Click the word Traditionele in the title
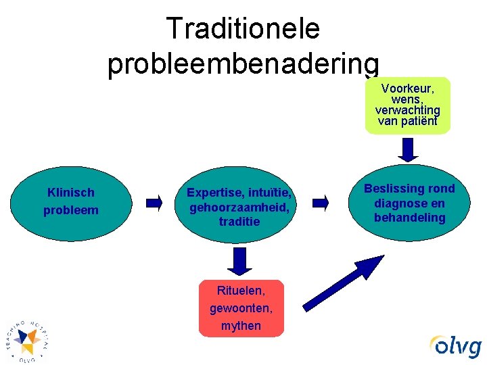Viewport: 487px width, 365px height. coord(243,28)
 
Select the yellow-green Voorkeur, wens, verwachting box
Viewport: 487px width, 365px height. coord(408,105)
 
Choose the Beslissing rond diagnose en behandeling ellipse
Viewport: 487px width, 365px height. coord(409,203)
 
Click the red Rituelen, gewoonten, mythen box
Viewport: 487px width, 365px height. coord(241,308)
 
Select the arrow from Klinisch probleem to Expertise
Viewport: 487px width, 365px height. coord(154,201)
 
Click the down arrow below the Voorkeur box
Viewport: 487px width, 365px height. coord(408,149)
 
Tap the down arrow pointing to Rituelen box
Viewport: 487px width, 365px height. coord(239,260)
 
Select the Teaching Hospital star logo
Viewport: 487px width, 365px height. coord(27,340)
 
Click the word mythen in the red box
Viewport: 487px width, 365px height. coord(241,326)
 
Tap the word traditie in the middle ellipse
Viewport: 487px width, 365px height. coord(239,221)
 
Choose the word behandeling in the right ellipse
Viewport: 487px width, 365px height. coord(409,218)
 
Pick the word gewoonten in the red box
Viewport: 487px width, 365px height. coord(241,308)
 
